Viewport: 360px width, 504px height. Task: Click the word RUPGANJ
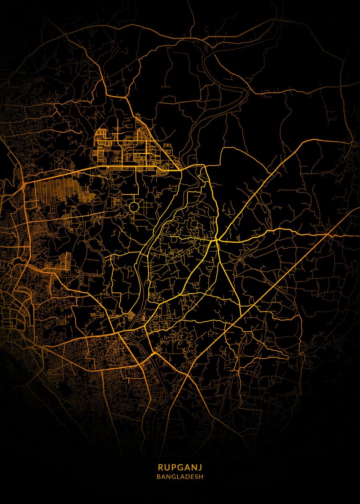[x=180, y=467]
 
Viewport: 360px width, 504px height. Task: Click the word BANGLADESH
[x=180, y=477]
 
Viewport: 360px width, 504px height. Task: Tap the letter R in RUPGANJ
[x=160, y=467]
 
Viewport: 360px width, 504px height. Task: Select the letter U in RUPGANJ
[x=167, y=467]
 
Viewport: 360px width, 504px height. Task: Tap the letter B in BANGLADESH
[x=159, y=477]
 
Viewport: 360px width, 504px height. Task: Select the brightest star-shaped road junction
[x=216, y=240]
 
